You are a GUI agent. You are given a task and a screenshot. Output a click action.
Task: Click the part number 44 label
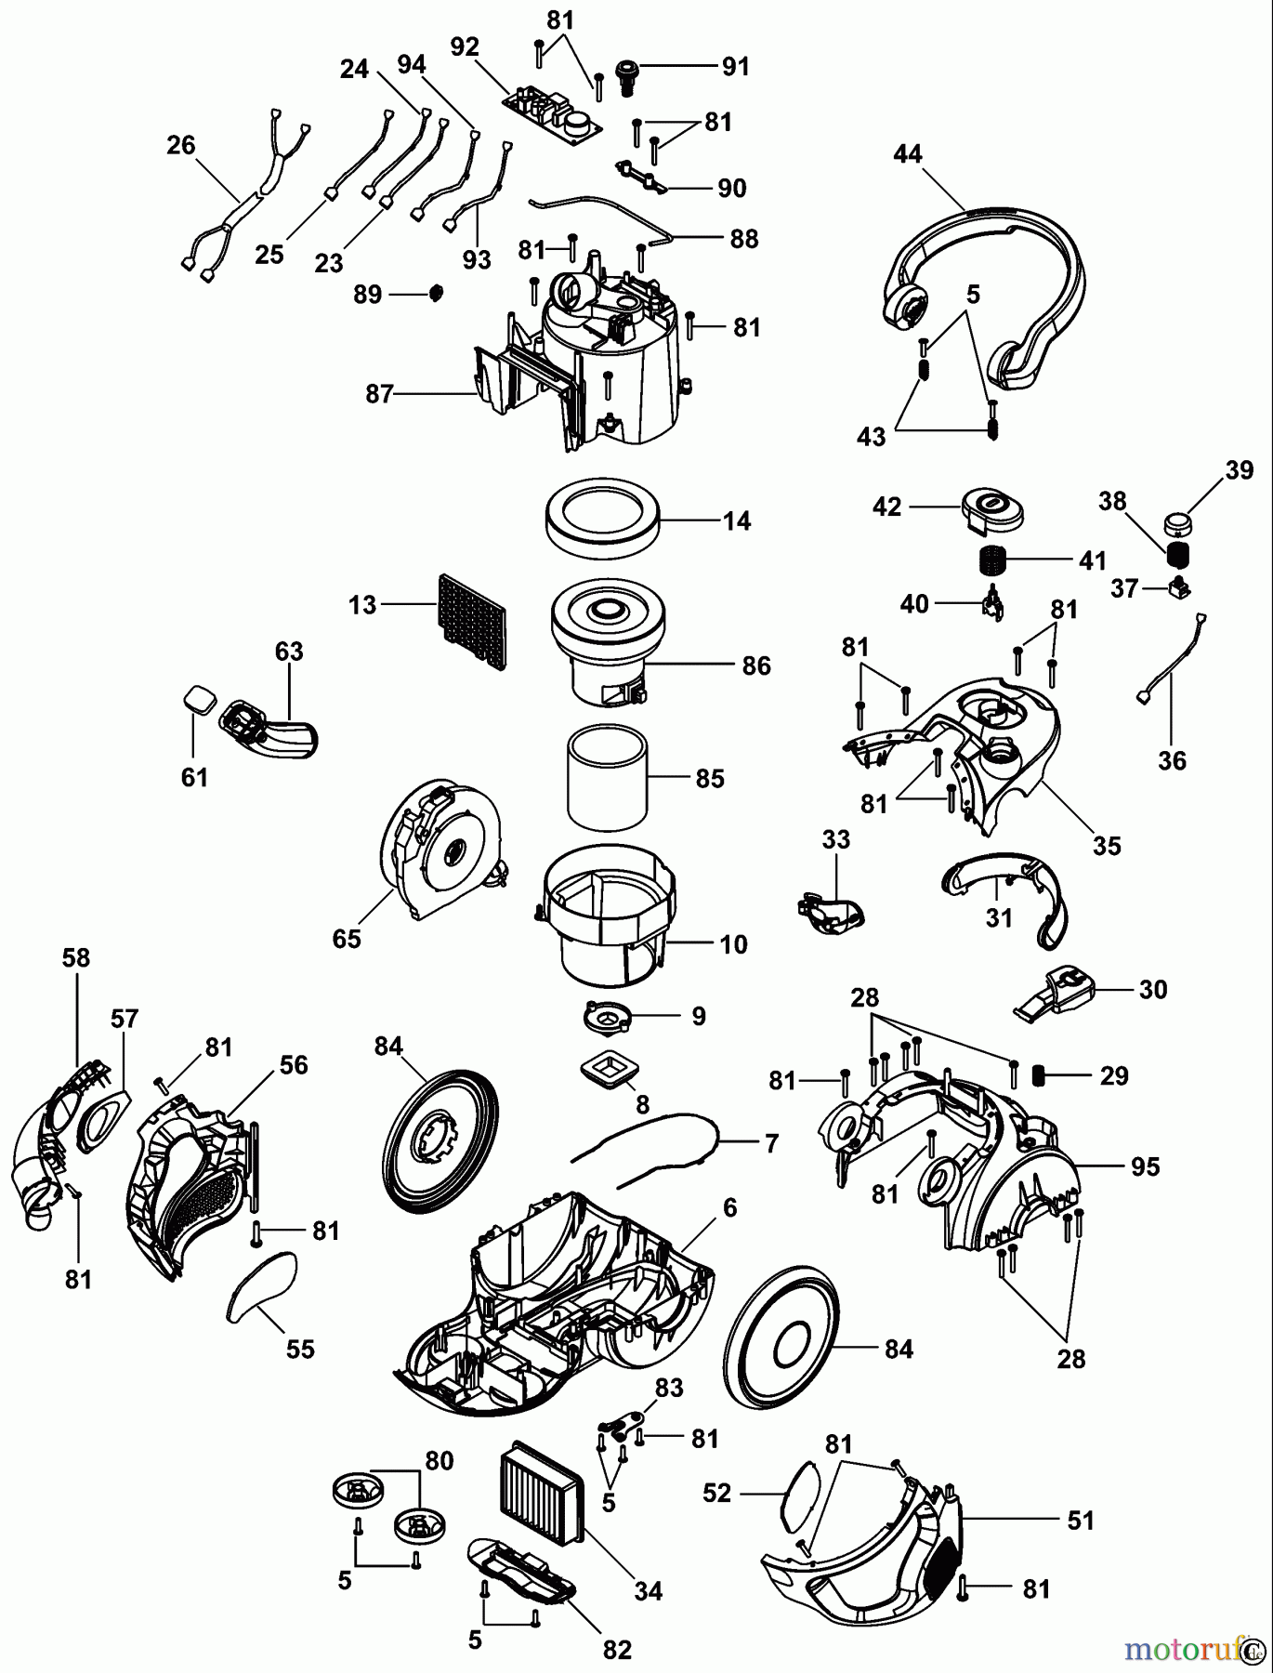pyautogui.click(x=908, y=153)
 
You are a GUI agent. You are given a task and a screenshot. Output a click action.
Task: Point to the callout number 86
pyautogui.click(x=756, y=665)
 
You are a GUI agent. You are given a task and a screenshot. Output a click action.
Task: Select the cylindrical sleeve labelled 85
pyautogui.click(x=606, y=778)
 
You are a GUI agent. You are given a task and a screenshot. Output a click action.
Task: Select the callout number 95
pyautogui.click(x=1145, y=1166)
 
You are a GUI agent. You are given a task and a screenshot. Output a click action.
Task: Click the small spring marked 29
pyautogui.click(x=1042, y=1075)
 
